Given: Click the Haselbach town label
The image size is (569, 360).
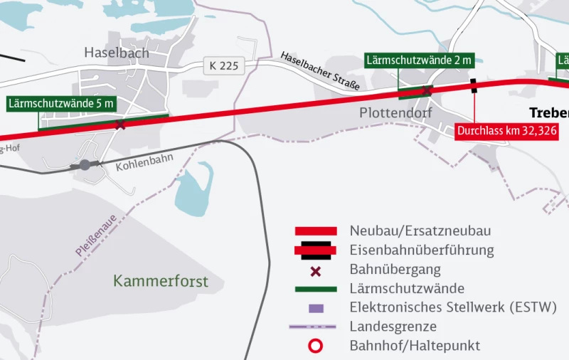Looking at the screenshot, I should (117, 53).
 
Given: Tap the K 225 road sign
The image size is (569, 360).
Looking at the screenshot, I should (224, 66).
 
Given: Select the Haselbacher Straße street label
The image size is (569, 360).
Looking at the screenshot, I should (319, 70).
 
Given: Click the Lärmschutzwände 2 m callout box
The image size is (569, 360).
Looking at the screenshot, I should (419, 60).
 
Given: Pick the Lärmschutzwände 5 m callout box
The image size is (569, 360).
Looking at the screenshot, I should (61, 104).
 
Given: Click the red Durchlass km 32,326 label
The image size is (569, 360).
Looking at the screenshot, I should (506, 132).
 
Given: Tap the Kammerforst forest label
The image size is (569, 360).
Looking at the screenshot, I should (161, 281).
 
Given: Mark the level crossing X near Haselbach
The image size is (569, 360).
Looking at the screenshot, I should (121, 125).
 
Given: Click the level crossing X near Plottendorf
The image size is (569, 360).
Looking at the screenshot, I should (427, 90).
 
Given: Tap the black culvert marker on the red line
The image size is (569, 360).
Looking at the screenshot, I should (474, 86).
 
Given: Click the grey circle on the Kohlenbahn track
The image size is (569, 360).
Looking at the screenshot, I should (85, 165).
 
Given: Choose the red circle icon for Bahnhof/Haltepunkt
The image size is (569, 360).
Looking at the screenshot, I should (316, 346).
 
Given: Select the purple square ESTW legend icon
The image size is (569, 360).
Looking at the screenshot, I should (317, 308).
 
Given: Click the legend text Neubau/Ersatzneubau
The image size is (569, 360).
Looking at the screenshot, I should (420, 231).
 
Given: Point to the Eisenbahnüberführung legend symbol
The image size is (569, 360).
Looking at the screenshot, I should (316, 250).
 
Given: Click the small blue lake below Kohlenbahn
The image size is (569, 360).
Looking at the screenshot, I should (194, 190).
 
